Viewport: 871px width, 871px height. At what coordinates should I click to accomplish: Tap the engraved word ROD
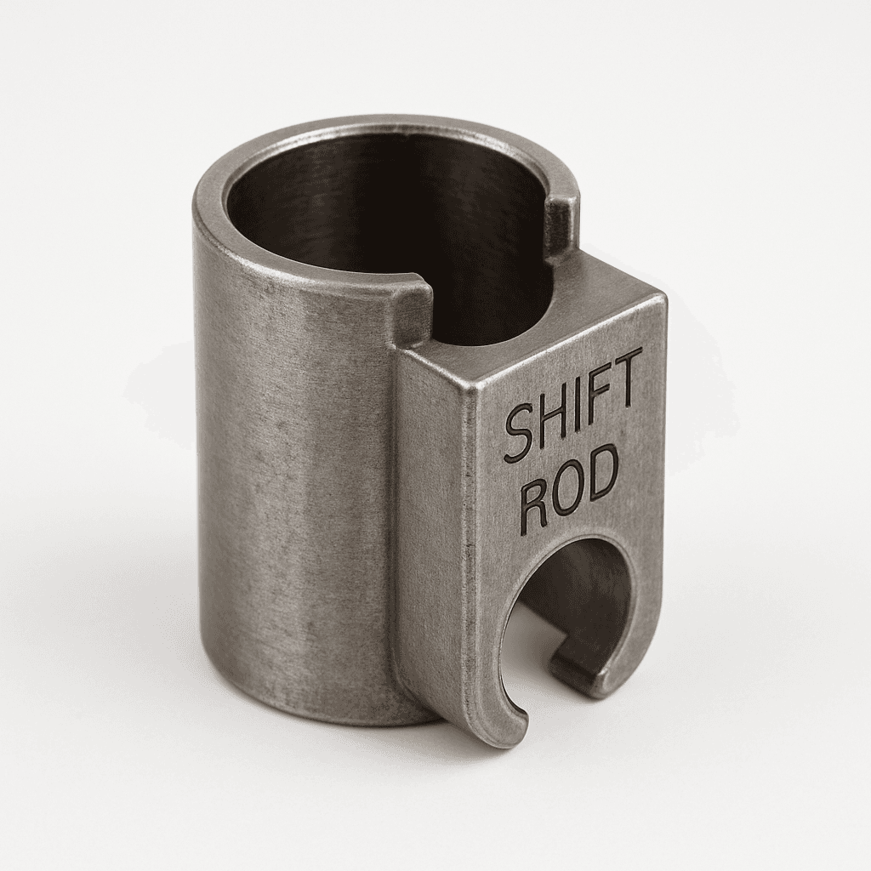point(570,487)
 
